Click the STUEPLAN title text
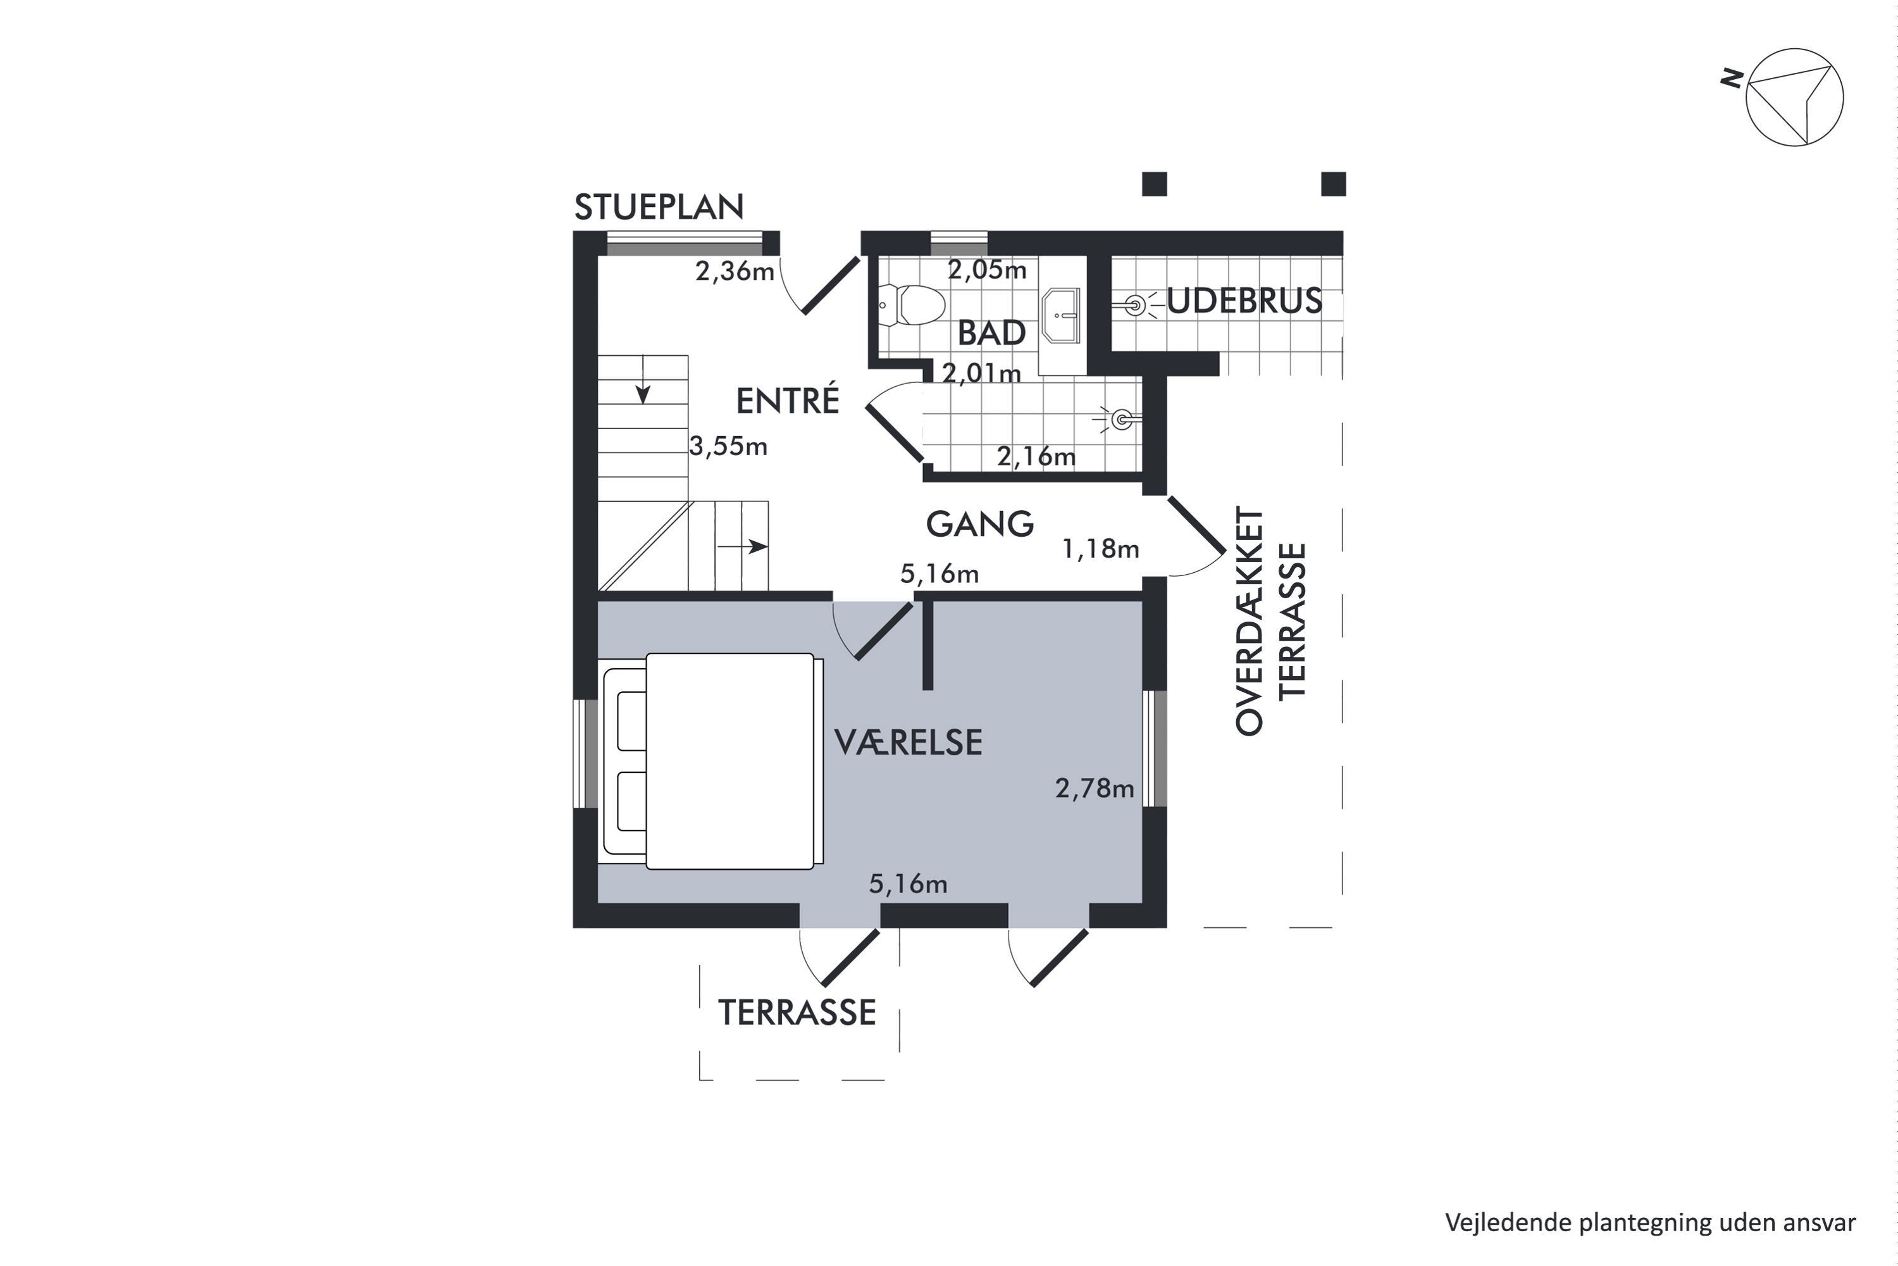(659, 208)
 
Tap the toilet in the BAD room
(912, 305)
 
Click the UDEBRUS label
(1244, 301)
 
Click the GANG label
(979, 524)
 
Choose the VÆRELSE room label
(908, 742)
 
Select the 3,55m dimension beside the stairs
(728, 446)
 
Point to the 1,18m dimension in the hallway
(1100, 549)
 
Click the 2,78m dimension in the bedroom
(1095, 788)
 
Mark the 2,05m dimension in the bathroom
(987, 270)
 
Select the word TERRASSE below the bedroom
(797, 1012)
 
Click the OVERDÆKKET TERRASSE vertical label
(1270, 620)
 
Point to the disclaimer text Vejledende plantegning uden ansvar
(1650, 1222)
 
